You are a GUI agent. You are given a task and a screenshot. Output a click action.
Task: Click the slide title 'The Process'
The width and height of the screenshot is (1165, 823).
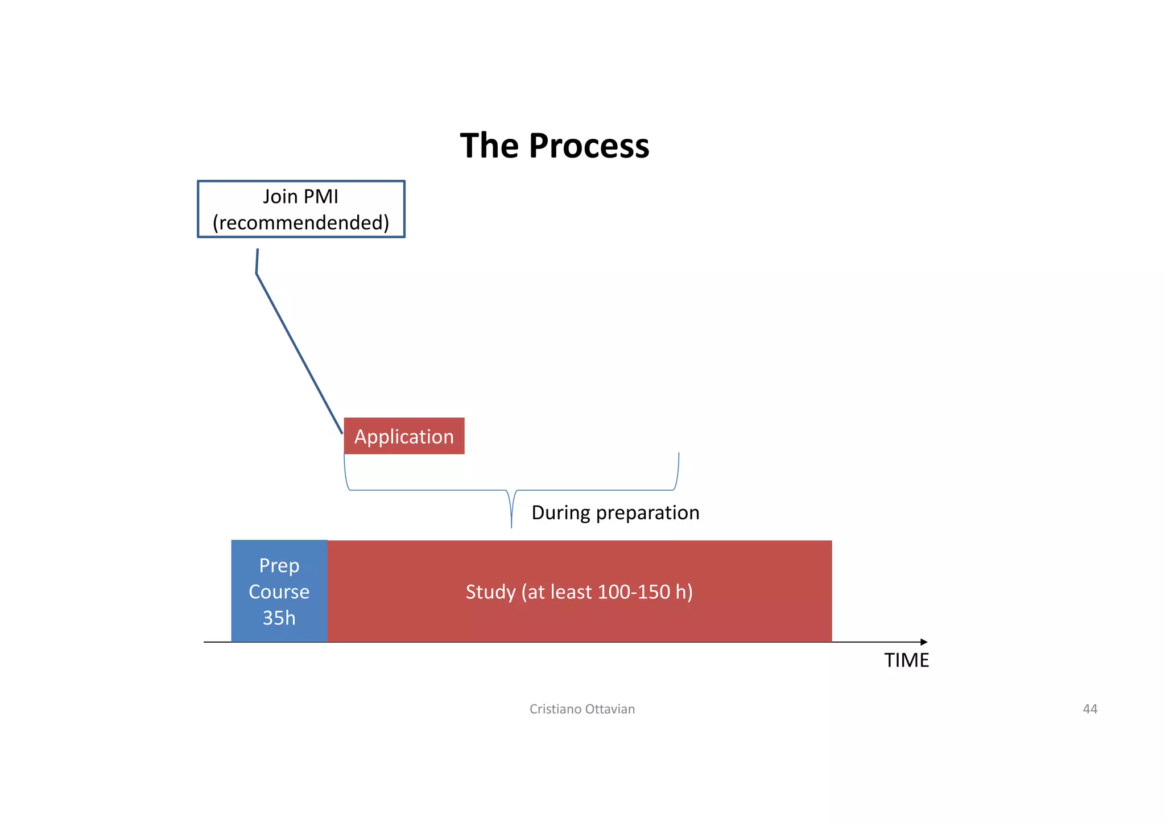(x=554, y=146)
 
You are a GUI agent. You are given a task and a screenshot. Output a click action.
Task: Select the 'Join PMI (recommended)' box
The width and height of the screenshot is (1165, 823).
(x=301, y=209)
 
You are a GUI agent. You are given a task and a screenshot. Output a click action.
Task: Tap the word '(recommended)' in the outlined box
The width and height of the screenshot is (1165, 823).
(x=301, y=222)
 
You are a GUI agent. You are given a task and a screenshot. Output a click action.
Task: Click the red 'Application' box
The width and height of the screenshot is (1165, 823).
(x=404, y=436)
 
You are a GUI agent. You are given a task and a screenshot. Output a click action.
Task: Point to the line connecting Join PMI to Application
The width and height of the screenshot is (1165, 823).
(x=299, y=353)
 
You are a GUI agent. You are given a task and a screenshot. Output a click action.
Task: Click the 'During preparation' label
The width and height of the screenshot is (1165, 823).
(x=615, y=512)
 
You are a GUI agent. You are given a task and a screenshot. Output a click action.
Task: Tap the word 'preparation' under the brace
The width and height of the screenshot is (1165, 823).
(x=647, y=513)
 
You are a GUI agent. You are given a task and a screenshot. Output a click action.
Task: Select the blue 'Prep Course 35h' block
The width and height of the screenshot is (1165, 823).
(x=279, y=591)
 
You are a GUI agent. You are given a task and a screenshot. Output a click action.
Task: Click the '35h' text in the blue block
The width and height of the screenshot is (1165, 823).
(x=279, y=618)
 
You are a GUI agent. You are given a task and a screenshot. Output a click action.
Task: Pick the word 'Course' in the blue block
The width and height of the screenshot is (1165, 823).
(x=279, y=592)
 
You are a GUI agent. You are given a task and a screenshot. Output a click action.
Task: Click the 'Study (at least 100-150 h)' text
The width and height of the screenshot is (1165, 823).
(x=579, y=592)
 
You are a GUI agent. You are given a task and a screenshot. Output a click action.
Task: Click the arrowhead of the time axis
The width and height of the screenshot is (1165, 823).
(x=924, y=642)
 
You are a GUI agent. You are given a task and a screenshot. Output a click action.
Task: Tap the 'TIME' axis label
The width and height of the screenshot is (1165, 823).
(x=906, y=660)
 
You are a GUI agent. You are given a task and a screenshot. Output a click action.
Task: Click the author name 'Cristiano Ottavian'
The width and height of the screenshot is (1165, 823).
(x=582, y=709)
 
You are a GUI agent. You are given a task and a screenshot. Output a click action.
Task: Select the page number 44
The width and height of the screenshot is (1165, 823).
(x=1090, y=709)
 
